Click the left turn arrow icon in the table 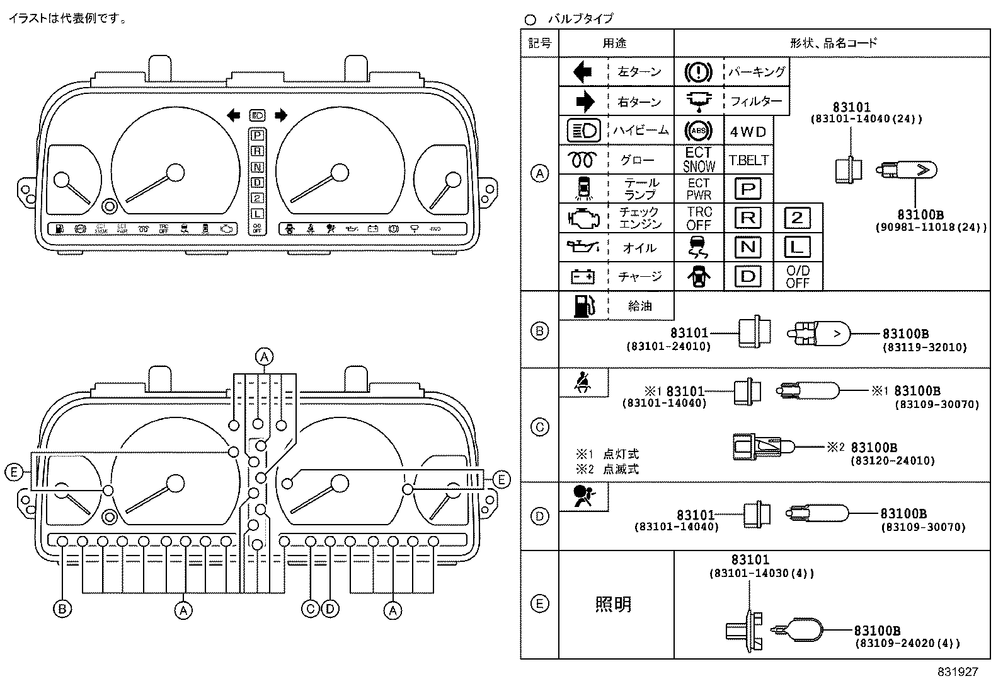click(583, 72)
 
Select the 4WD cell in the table click(748, 132)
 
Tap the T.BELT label click(748, 161)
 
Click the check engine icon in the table click(583, 218)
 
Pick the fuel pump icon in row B click(583, 306)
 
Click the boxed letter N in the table click(748, 247)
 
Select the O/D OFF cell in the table click(797, 277)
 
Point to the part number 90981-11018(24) click(931, 228)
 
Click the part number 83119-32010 click(924, 347)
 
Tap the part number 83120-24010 click(893, 461)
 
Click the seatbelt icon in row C click(583, 383)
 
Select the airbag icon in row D click(583, 496)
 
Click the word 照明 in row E click(613, 605)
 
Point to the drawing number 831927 click(956, 672)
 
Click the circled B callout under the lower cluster click(62, 609)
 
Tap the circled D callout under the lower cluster click(330, 609)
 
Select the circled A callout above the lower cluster click(265, 357)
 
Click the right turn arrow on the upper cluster click(281, 115)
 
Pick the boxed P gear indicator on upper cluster click(257, 134)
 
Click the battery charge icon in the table click(583, 276)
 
